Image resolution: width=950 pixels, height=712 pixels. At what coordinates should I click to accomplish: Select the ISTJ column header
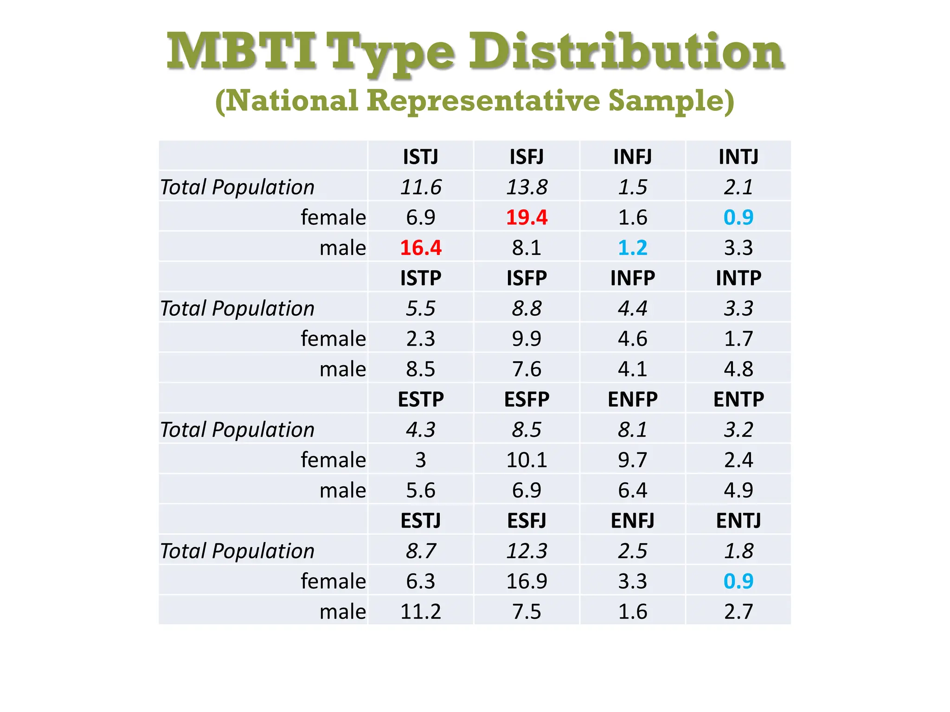click(420, 157)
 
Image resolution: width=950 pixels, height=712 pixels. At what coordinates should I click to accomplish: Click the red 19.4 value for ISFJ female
click(526, 217)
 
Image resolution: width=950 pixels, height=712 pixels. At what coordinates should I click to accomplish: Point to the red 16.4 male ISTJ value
click(420, 248)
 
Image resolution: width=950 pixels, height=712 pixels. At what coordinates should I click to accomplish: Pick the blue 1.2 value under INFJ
click(632, 248)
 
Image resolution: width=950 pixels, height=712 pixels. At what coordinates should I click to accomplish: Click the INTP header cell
click(738, 278)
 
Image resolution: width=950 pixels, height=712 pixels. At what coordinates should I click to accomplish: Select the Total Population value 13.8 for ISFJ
click(526, 187)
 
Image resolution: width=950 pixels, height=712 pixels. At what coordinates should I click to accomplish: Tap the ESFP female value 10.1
click(526, 460)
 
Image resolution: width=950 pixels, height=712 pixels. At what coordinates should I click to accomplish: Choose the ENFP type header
click(632, 399)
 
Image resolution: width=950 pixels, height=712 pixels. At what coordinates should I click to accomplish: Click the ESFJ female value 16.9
click(526, 581)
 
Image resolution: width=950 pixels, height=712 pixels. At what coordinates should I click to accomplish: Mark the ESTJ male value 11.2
click(420, 611)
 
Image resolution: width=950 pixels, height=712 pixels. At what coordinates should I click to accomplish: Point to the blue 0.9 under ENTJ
click(738, 581)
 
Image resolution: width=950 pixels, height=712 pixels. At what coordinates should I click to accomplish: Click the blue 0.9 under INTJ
click(738, 217)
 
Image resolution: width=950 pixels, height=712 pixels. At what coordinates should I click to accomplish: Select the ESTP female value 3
click(420, 460)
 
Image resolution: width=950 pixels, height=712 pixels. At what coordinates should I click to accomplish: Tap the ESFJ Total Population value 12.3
click(526, 551)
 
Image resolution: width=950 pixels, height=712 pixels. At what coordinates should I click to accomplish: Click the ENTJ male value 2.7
click(738, 611)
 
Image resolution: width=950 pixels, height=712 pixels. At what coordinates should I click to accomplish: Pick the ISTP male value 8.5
click(420, 369)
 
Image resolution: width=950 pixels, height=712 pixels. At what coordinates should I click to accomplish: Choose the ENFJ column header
click(632, 521)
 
